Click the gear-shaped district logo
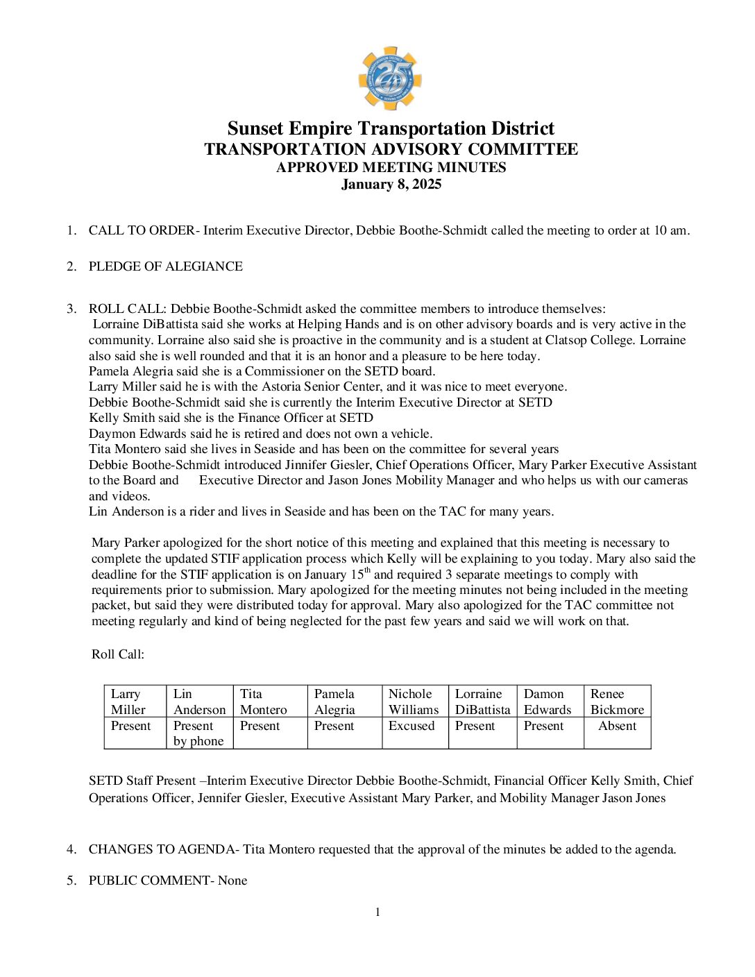pyautogui.click(x=390, y=78)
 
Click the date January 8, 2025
pyautogui.click(x=391, y=185)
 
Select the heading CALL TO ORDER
pyautogui.click(x=142, y=230)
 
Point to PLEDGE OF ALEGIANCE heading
pyautogui.click(x=165, y=266)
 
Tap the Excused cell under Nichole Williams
pyautogui.click(x=412, y=726)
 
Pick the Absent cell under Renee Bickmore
pyautogui.click(x=617, y=726)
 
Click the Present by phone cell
pyautogui.click(x=198, y=733)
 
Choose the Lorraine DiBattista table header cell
pyautogui.click(x=482, y=702)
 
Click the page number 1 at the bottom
pyautogui.click(x=377, y=912)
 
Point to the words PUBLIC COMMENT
pyautogui.click(x=149, y=881)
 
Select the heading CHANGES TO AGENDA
pyautogui.click(x=162, y=849)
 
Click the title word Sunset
pyautogui.click(x=255, y=129)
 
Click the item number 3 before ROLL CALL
pyautogui.click(x=71, y=309)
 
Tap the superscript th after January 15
pyautogui.click(x=368, y=570)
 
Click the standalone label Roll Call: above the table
pyautogui.click(x=118, y=654)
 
